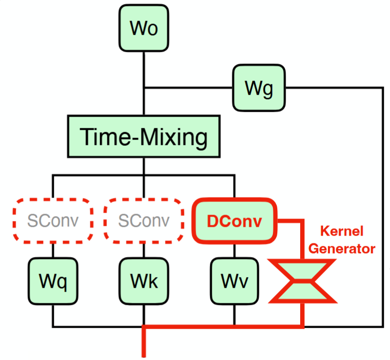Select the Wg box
(x=258, y=88)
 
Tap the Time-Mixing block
(x=144, y=137)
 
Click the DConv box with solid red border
(x=235, y=221)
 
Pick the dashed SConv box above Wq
(x=53, y=221)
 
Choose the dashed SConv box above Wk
(x=144, y=221)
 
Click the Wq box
(x=53, y=282)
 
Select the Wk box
(x=144, y=282)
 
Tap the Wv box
(x=235, y=282)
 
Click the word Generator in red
(x=343, y=249)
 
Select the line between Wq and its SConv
(x=53, y=251)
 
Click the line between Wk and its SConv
(x=144, y=251)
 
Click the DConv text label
(x=234, y=221)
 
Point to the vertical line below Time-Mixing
(x=144, y=166)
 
